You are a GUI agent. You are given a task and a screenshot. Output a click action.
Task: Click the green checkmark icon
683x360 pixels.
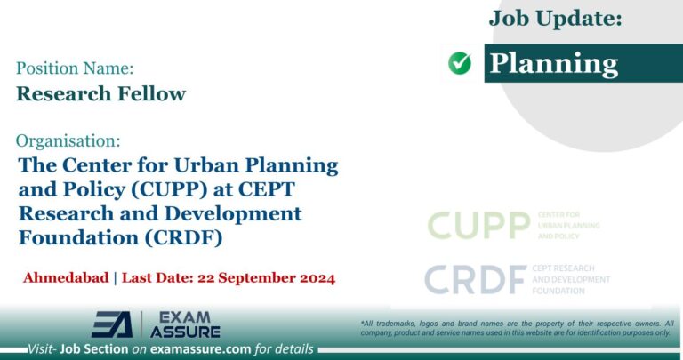tap(460, 63)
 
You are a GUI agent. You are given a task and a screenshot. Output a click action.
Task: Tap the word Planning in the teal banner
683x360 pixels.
tap(554, 63)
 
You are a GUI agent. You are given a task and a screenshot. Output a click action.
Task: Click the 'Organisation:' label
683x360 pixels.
tap(68, 140)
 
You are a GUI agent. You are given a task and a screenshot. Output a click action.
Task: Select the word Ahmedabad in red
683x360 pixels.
tap(64, 278)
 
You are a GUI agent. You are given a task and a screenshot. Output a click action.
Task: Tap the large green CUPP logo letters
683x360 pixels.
tap(478, 226)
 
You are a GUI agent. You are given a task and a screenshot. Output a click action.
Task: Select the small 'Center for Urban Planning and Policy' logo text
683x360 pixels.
tap(568, 226)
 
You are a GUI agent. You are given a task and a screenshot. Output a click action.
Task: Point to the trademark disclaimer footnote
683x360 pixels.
tap(517, 327)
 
